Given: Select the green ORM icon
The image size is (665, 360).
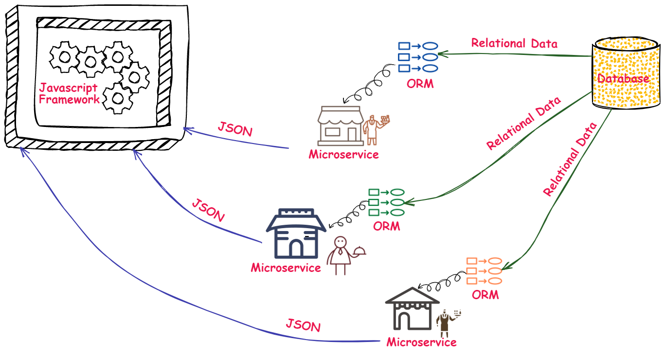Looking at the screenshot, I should pyautogui.click(x=387, y=202).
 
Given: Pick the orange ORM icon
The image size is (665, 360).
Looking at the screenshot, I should pyautogui.click(x=484, y=271).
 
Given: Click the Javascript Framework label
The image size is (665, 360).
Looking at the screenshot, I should pyautogui.click(x=68, y=93).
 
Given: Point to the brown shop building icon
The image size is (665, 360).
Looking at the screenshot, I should pyautogui.click(x=340, y=126).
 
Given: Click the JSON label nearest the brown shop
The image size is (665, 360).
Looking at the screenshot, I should pyautogui.click(x=235, y=130).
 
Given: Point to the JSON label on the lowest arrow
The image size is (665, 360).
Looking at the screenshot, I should pyautogui.click(x=303, y=325).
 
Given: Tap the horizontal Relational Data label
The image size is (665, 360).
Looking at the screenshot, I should pyautogui.click(x=514, y=43).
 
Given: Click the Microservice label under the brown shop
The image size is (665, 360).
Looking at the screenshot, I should pyautogui.click(x=343, y=155).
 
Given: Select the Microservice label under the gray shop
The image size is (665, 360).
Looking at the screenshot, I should pyautogui.click(x=421, y=342).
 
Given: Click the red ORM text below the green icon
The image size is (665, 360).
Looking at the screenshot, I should pyautogui.click(x=387, y=226).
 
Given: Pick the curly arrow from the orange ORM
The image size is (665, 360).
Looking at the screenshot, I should pyautogui.click(x=442, y=282).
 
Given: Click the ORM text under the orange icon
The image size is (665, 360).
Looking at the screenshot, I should pyautogui.click(x=485, y=295).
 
